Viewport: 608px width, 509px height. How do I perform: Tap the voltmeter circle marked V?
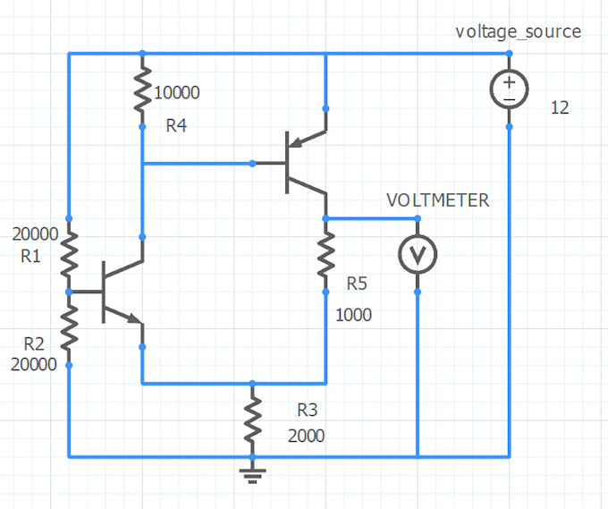[417, 255]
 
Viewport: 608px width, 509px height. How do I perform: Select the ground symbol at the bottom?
[253, 473]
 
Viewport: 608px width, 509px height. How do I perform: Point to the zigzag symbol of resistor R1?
[69, 254]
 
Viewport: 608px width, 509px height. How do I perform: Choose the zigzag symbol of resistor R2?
[69, 328]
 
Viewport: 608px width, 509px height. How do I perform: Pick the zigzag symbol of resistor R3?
[253, 420]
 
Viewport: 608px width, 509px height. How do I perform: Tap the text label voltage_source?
[518, 32]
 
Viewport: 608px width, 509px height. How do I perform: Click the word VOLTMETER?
[437, 200]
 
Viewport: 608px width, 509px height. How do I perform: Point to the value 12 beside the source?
[560, 108]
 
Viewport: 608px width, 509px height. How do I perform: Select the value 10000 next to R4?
[177, 92]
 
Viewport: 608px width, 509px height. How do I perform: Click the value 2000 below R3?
[306, 436]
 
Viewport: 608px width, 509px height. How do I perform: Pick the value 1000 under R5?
[353, 316]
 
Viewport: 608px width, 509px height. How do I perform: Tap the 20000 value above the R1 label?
[35, 234]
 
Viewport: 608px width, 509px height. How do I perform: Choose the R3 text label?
[307, 411]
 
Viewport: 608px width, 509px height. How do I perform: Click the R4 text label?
[176, 126]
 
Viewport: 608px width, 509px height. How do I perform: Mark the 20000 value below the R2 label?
[33, 364]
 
